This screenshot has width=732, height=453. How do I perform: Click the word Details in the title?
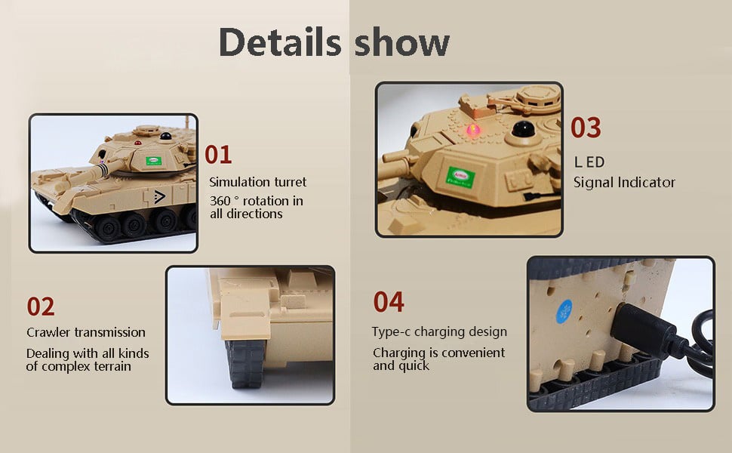click(x=280, y=43)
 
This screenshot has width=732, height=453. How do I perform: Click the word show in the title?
click(x=401, y=43)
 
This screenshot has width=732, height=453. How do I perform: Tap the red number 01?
click(x=218, y=155)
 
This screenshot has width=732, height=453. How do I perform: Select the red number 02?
click(x=41, y=307)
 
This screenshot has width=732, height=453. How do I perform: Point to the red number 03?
click(x=586, y=128)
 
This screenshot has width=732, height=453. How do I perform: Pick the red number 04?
click(x=389, y=302)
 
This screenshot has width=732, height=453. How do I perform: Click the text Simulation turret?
click(x=258, y=182)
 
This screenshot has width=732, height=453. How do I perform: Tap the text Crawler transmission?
click(x=86, y=332)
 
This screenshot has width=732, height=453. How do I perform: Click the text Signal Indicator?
click(x=624, y=182)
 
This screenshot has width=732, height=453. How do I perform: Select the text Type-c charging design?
click(x=439, y=332)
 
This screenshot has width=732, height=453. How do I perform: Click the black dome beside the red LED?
click(x=520, y=131)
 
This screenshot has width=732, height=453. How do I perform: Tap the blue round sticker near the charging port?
click(x=564, y=311)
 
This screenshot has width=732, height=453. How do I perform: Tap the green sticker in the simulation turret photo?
click(x=154, y=161)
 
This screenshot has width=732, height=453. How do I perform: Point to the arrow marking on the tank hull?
click(x=158, y=198)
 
